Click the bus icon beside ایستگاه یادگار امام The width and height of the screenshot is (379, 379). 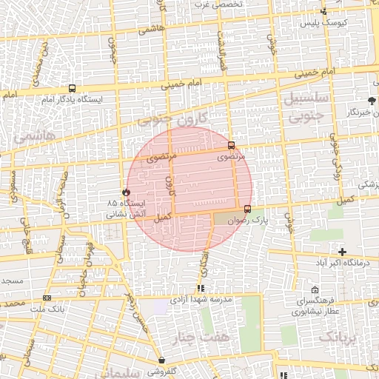tap(71, 89)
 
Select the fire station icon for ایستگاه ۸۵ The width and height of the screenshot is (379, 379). tap(125, 192)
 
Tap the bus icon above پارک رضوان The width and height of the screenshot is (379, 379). tap(246, 209)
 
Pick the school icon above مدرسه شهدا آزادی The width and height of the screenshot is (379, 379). tap(201, 288)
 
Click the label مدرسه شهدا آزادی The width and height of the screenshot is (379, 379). tap(201, 299)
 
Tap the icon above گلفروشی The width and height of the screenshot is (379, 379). tap(161, 360)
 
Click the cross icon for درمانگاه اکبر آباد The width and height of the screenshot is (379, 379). tap(341, 252)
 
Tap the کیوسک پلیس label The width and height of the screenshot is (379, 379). tap(324, 23)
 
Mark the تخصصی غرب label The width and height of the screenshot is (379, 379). tap(218, 4)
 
